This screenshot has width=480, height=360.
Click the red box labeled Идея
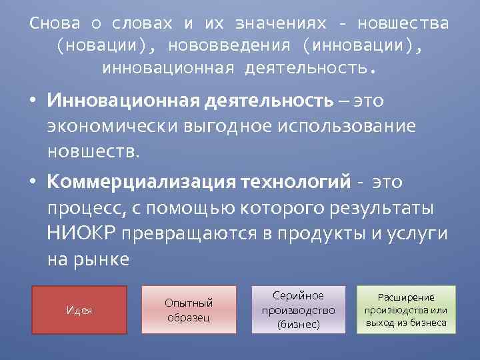79,310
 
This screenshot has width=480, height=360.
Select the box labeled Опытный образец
189,310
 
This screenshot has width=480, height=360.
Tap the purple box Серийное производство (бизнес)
299,310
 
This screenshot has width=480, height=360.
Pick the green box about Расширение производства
407,310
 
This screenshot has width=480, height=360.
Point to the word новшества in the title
403,23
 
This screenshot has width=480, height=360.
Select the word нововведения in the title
229,45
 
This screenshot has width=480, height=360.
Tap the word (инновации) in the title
362,45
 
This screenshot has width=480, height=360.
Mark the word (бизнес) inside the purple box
299,325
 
